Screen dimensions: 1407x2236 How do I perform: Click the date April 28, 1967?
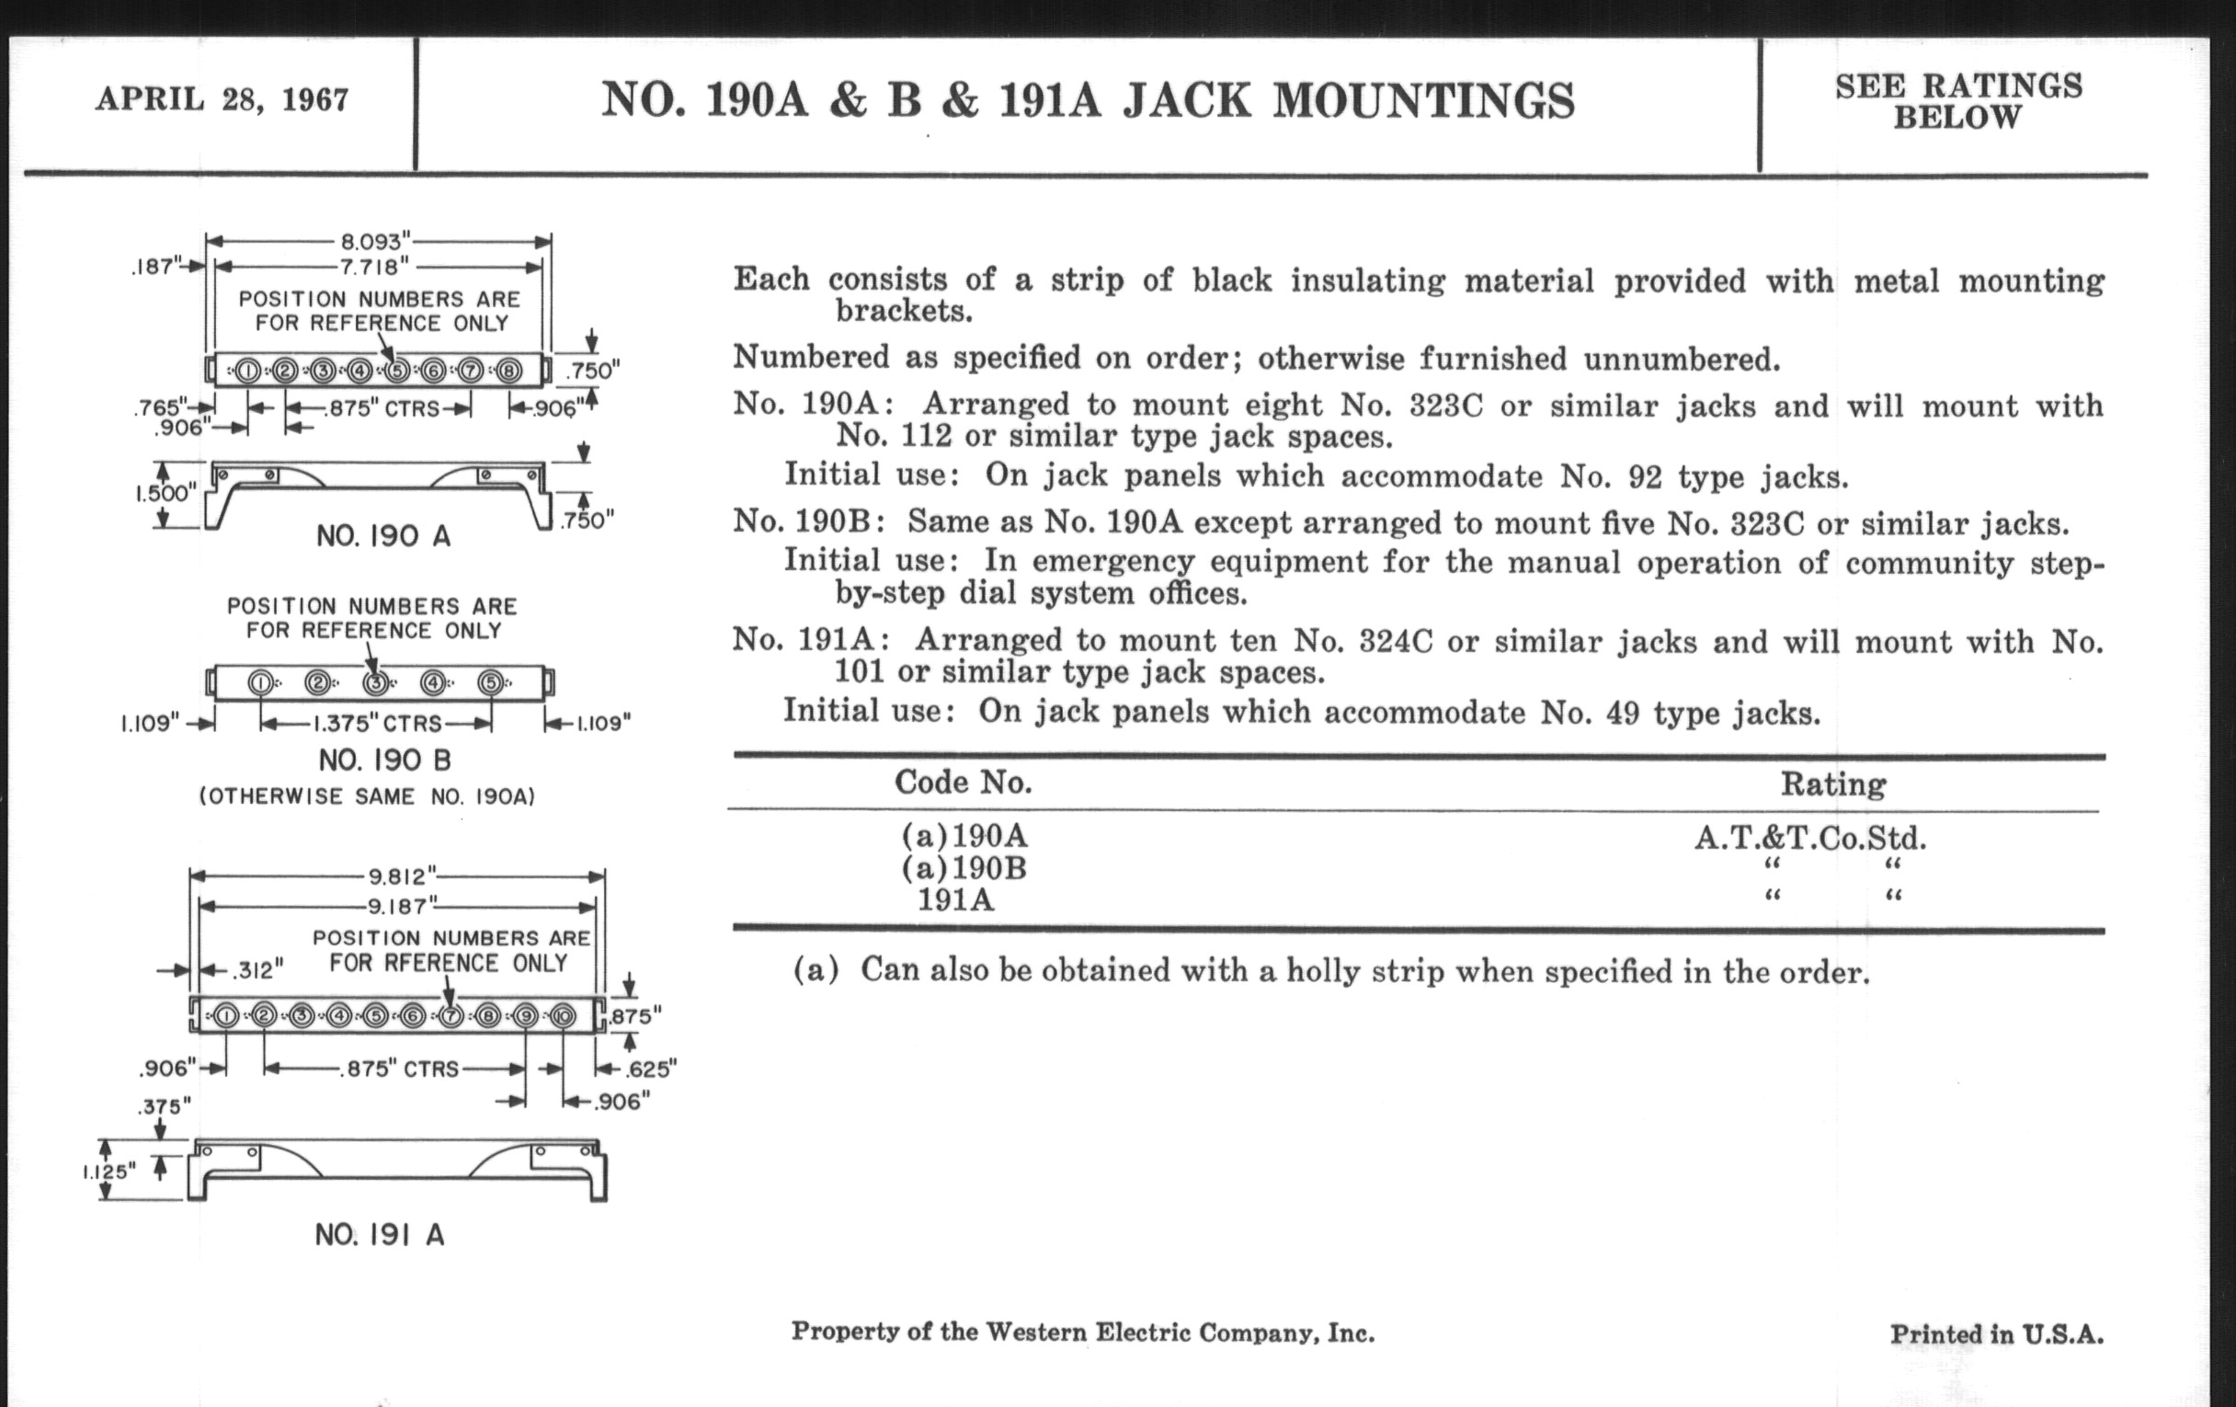222,98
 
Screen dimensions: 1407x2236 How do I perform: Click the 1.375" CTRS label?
377,724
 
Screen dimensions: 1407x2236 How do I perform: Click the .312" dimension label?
257,970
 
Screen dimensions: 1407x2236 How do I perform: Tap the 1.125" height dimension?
108,1171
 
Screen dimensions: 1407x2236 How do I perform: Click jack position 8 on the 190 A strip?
508,372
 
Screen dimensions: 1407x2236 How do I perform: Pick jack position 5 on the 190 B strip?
490,683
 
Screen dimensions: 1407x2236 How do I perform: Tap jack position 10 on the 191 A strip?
563,1016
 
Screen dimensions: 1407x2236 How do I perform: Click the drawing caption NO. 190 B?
384,761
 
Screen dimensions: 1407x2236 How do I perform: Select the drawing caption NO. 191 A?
380,1234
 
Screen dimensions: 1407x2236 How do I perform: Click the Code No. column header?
963,783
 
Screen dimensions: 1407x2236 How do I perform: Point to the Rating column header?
1833,784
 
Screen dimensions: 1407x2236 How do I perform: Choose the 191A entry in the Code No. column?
955,900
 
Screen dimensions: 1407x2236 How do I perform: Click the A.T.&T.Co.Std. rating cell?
1809,839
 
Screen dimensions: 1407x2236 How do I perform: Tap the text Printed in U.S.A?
1996,1334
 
